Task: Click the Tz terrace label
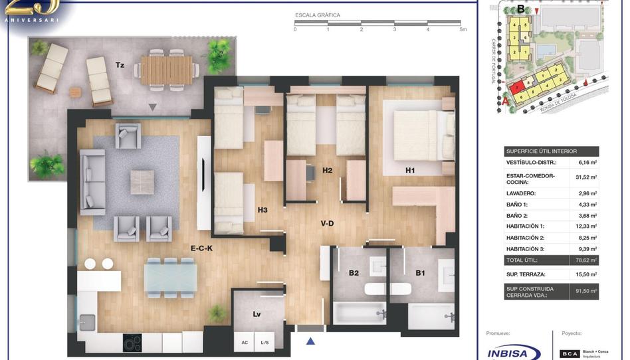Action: pyautogui.click(x=120, y=65)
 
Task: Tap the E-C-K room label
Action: pyautogui.click(x=201, y=248)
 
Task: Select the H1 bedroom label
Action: pyautogui.click(x=411, y=171)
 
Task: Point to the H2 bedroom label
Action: pyautogui.click(x=327, y=171)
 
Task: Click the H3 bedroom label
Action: pyautogui.click(x=262, y=211)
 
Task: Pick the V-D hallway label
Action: pyautogui.click(x=327, y=224)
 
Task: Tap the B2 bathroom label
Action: pyautogui.click(x=354, y=273)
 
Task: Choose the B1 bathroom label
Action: pyautogui.click(x=420, y=273)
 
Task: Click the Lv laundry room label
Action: pyautogui.click(x=257, y=314)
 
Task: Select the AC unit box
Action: pyautogui.click(x=245, y=342)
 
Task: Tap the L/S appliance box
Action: pyautogui.click(x=264, y=342)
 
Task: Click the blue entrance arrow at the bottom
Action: pyautogui.click(x=310, y=341)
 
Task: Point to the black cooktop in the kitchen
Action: pyautogui.click(x=132, y=343)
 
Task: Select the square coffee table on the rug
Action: pyautogui.click(x=142, y=182)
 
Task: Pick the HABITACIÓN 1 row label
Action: pyautogui.click(x=525, y=226)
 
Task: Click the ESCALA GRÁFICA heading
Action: pyautogui.click(x=318, y=15)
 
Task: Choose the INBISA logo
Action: pyautogui.click(x=513, y=353)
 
